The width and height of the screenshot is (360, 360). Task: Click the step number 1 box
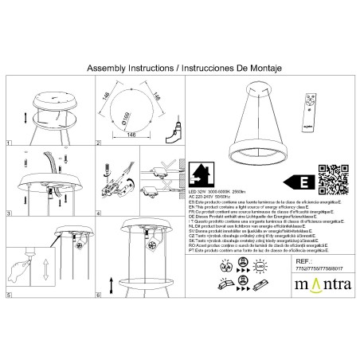click(9, 147)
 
